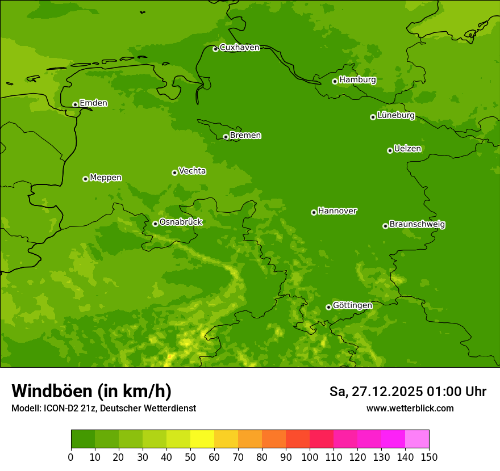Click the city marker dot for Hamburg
(335, 81)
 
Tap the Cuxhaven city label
(239, 48)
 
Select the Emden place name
(93, 103)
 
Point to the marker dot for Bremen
(226, 137)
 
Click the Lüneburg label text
(396, 116)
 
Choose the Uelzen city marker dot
(390, 150)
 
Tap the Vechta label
(192, 171)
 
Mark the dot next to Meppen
(85, 179)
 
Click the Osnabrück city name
(181, 222)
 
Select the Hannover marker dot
(314, 212)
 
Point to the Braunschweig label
(417, 225)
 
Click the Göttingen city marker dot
(328, 307)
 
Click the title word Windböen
(51, 392)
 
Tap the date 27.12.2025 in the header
(387, 392)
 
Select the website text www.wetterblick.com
(410, 409)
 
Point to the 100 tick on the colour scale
(310, 457)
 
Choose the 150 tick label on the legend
(429, 457)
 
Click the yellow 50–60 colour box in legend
(202, 439)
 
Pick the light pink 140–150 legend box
(417, 439)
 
